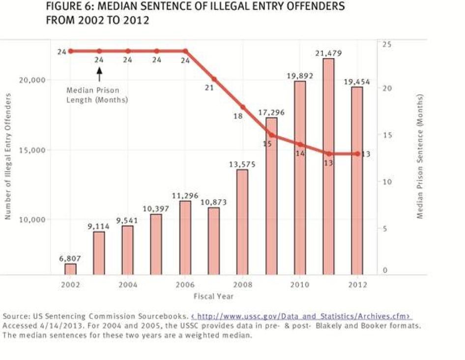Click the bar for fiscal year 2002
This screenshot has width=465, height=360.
click(70, 269)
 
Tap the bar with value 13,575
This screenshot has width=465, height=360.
click(242, 222)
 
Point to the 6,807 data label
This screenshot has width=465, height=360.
click(70, 258)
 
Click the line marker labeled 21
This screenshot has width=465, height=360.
click(214, 79)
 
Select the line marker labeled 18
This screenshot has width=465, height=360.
click(242, 107)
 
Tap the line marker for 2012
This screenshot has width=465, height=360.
click(357, 154)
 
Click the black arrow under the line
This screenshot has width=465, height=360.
click(99, 74)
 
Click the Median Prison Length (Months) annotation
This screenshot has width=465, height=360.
click(97, 95)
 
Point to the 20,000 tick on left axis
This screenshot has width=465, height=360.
click(32, 80)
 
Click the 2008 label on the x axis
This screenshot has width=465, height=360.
click(242, 285)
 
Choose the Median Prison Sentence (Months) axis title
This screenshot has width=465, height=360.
click(421, 156)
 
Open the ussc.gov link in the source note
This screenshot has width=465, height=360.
click(301, 316)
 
